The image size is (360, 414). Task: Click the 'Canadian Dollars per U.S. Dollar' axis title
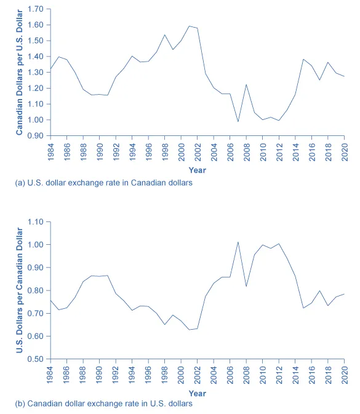[20, 73]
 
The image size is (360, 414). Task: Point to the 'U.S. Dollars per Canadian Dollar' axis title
[20, 290]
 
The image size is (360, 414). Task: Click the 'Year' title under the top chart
[197, 170]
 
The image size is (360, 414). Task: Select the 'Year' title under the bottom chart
[197, 393]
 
